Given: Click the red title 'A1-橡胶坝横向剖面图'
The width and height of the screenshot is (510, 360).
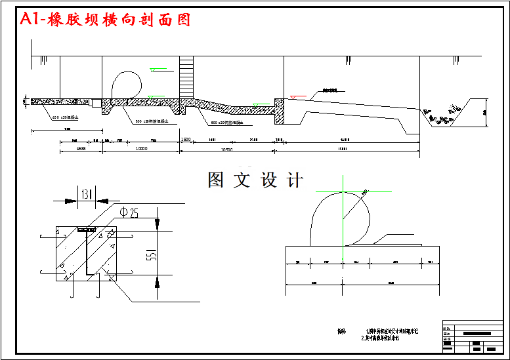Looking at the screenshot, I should coord(106,20).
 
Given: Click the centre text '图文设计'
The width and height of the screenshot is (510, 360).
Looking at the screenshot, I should coord(255,180).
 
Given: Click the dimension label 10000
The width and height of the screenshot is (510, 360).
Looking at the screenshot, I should coord(140,149).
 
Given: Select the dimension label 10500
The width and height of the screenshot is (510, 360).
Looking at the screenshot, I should coord(226,150).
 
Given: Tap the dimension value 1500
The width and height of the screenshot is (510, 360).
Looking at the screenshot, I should coord(186,140).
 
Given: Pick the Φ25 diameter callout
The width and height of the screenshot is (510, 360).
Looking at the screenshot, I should coord(129,212).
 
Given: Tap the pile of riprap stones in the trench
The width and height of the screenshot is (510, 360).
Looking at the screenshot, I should coord(439,116).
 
